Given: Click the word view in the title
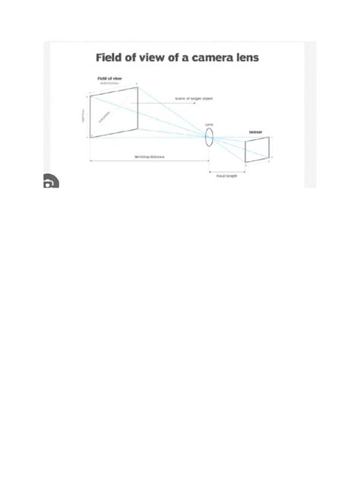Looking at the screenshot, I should coord(160,57).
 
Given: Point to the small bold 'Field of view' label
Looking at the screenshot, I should coord(109,78).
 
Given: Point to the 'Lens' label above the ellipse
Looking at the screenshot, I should coord(209,124).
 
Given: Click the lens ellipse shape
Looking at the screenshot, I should coord(209,137).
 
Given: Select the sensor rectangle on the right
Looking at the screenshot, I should coord(257,150).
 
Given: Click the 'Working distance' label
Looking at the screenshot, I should coord(150,157).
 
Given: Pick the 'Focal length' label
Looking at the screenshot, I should coord(226,175).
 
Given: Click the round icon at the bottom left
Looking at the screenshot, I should coord(49,183).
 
